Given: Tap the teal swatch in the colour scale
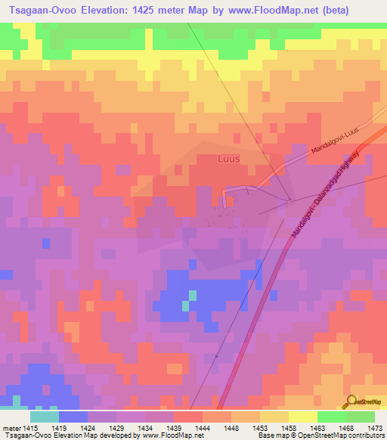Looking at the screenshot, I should (44, 417).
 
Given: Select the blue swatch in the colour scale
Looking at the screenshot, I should (73, 417).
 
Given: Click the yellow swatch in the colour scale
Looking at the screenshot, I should (302, 417).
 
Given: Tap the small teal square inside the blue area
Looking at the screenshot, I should (185, 305).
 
